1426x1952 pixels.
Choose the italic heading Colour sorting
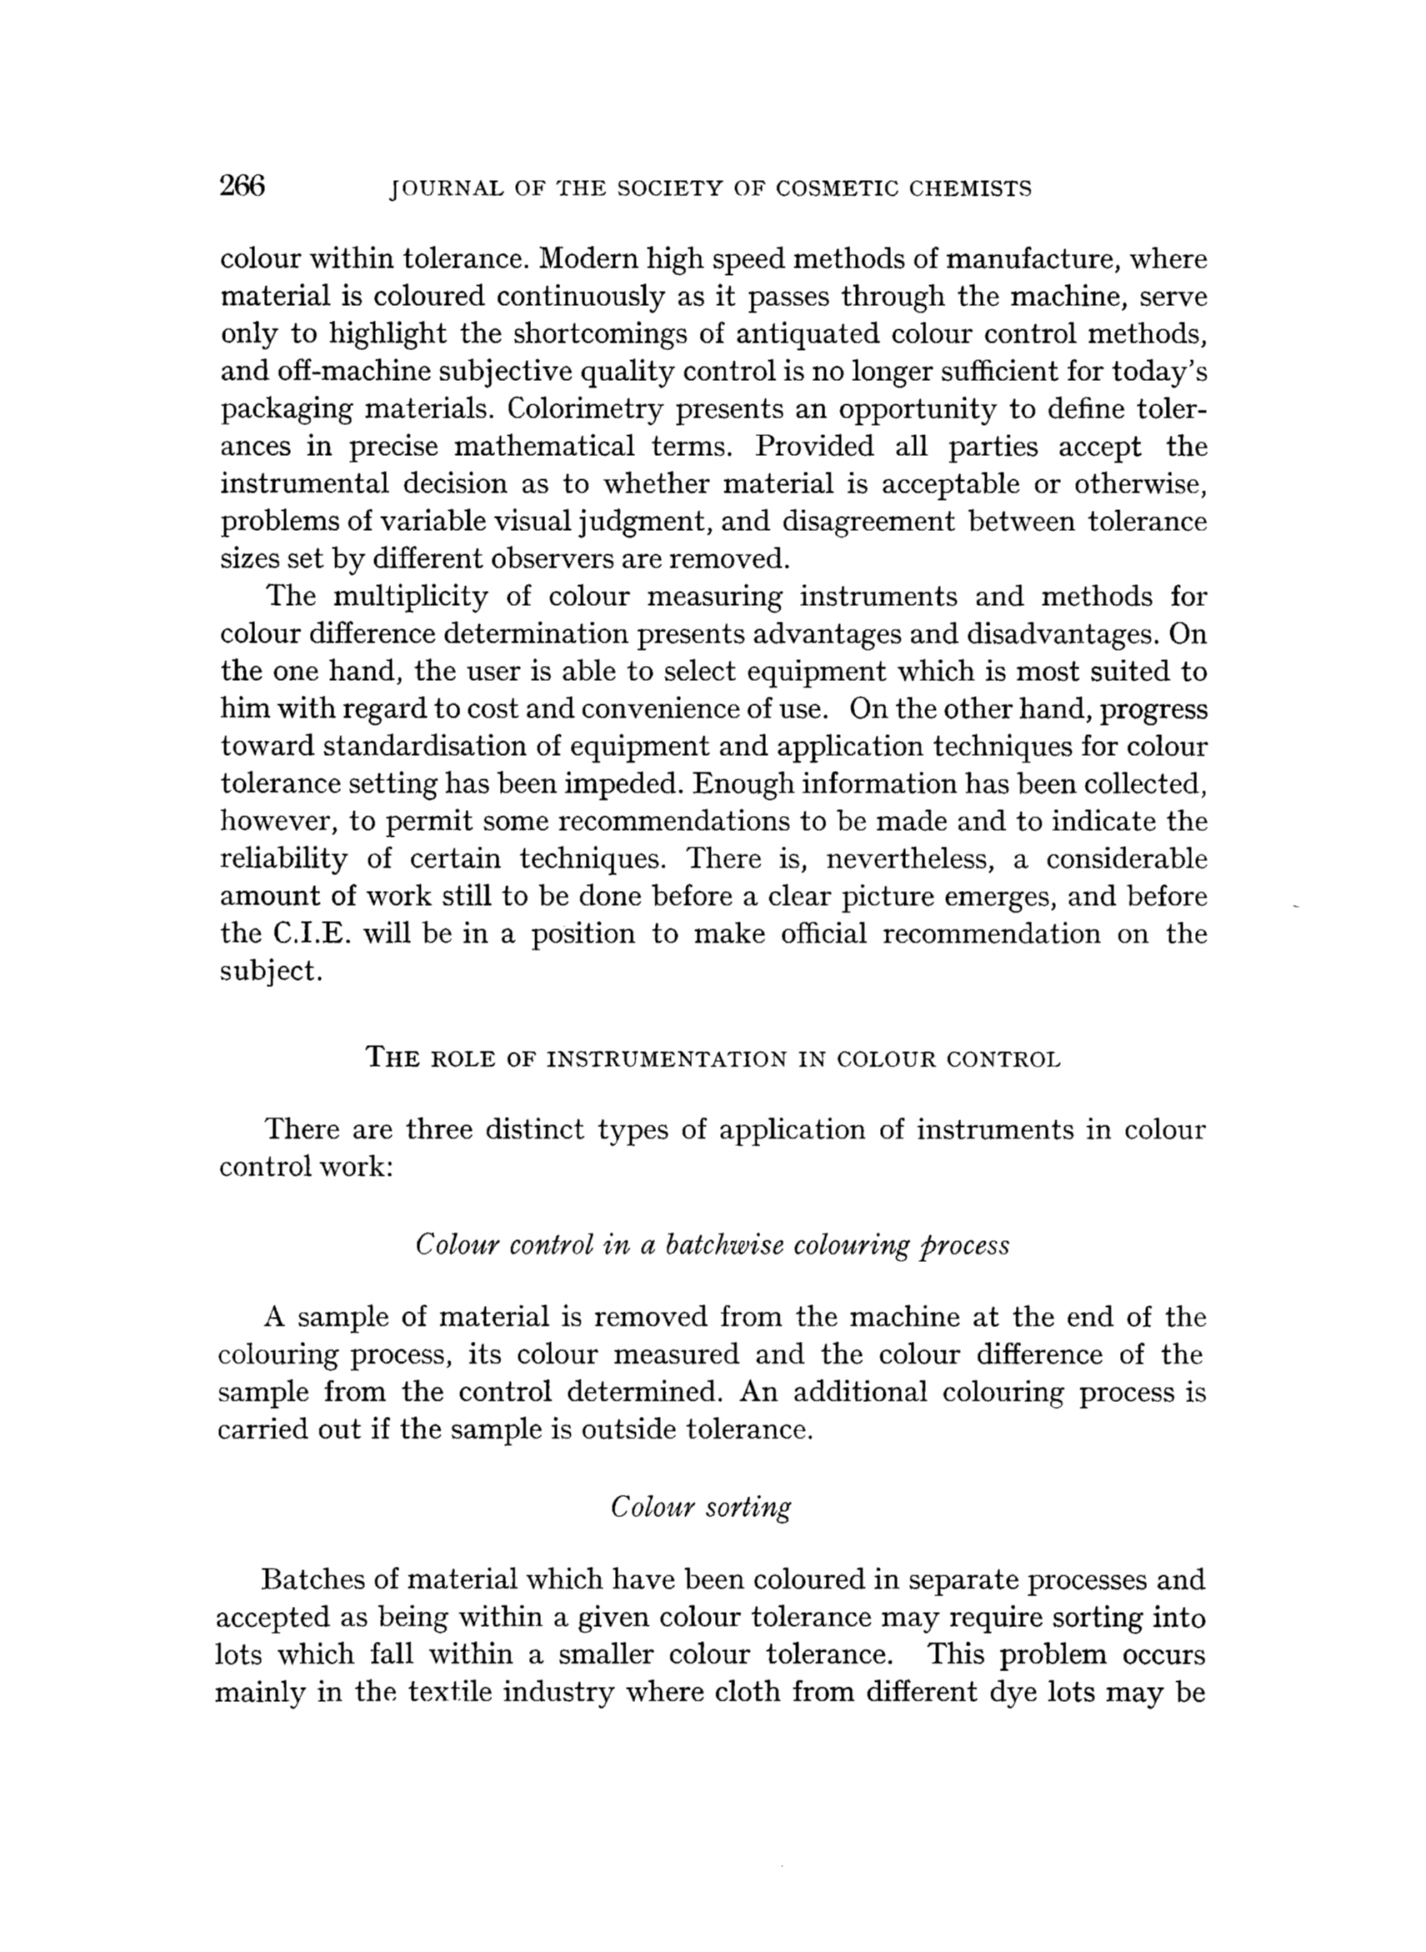(700, 1508)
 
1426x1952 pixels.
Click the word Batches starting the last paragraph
(315, 1580)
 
